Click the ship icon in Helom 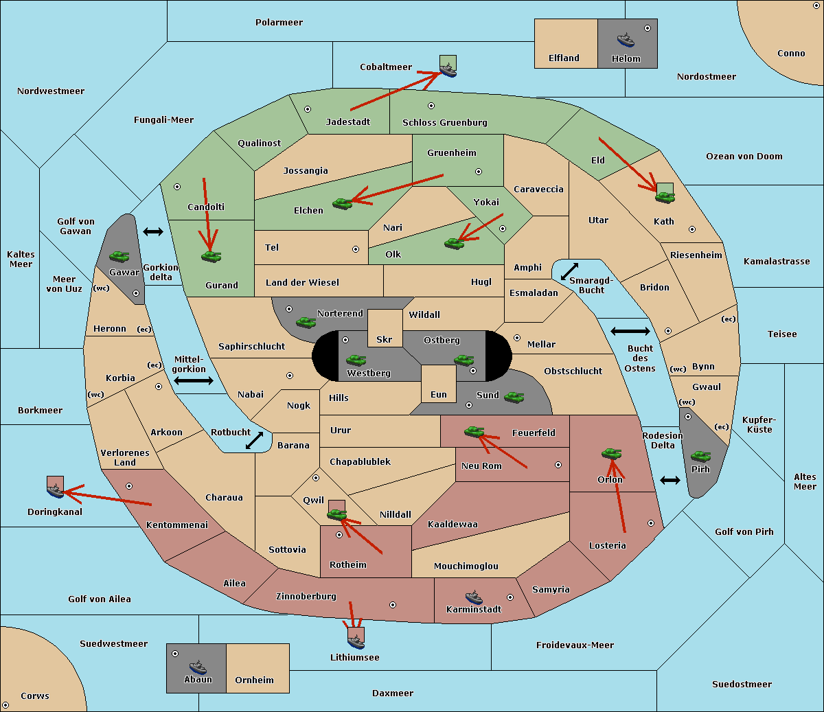click(x=626, y=40)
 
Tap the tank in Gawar click(x=119, y=256)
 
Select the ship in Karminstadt click(x=474, y=597)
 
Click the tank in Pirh click(x=700, y=456)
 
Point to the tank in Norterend click(x=306, y=322)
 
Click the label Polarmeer click(x=279, y=23)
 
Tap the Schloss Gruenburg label click(x=444, y=122)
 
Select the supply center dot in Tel click(x=356, y=249)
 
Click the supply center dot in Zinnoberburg click(x=393, y=605)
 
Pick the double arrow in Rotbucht click(x=254, y=441)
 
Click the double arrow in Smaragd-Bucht click(x=569, y=271)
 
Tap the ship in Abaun click(x=198, y=667)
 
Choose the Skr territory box click(x=385, y=328)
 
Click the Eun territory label click(x=439, y=394)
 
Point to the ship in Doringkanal click(x=56, y=491)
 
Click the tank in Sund click(x=514, y=397)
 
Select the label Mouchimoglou click(x=466, y=566)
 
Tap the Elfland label click(x=564, y=58)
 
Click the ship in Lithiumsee click(x=356, y=642)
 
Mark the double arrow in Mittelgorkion click(x=194, y=380)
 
